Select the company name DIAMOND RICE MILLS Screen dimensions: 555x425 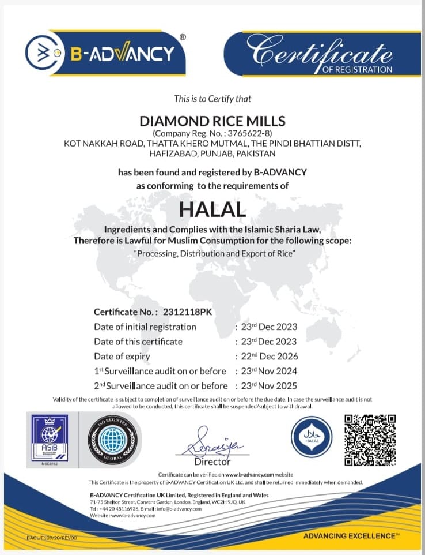click(212, 121)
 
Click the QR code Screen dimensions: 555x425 click(370, 440)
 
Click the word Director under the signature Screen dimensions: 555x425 click(212, 462)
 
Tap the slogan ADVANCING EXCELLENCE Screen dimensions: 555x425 click(350, 536)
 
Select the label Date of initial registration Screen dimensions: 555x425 click(145, 327)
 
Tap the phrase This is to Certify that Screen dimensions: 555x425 click(212, 99)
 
